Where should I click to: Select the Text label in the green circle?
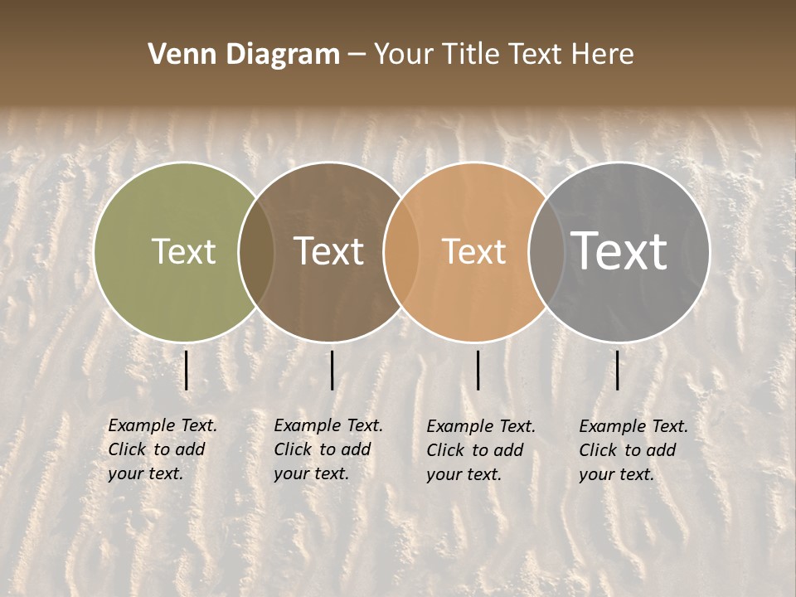183,251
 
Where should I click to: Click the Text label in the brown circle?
328,251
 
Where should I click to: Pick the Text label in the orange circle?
473,251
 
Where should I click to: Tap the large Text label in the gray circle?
619,251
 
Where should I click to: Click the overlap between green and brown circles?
256,252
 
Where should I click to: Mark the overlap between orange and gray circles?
546,252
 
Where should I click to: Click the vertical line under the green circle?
187,370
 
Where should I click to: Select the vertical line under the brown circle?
332,370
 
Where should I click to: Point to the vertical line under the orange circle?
478,370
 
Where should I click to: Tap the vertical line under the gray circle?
618,370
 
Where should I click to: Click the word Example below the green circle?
142,426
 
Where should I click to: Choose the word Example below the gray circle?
613,427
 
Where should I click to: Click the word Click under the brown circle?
292,449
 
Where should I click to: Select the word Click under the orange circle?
444,450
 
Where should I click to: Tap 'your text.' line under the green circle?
145,473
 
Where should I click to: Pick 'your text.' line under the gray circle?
616,474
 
